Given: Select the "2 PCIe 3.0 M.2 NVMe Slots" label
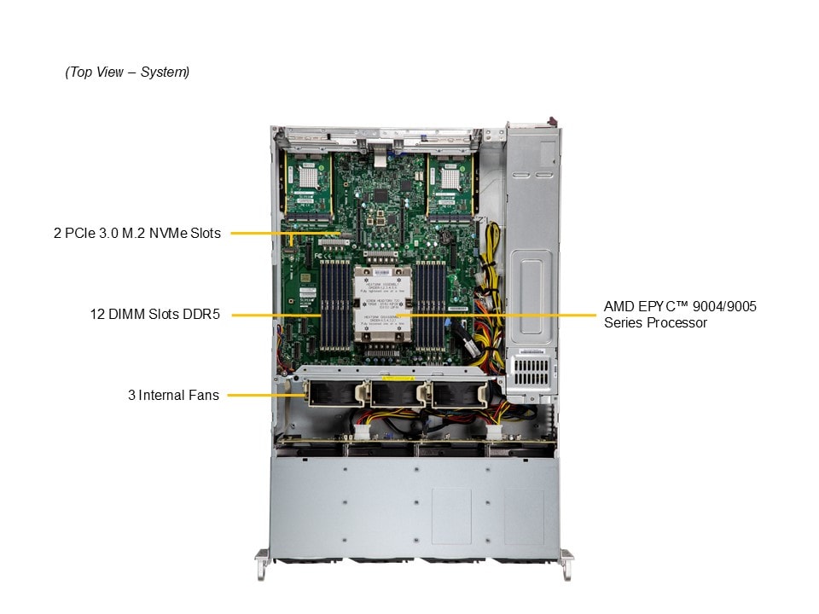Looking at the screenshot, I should point(136,233).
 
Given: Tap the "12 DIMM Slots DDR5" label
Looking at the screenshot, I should point(155,314).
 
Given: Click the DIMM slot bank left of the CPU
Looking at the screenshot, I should point(334,307).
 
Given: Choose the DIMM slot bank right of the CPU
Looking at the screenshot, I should point(430,307).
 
